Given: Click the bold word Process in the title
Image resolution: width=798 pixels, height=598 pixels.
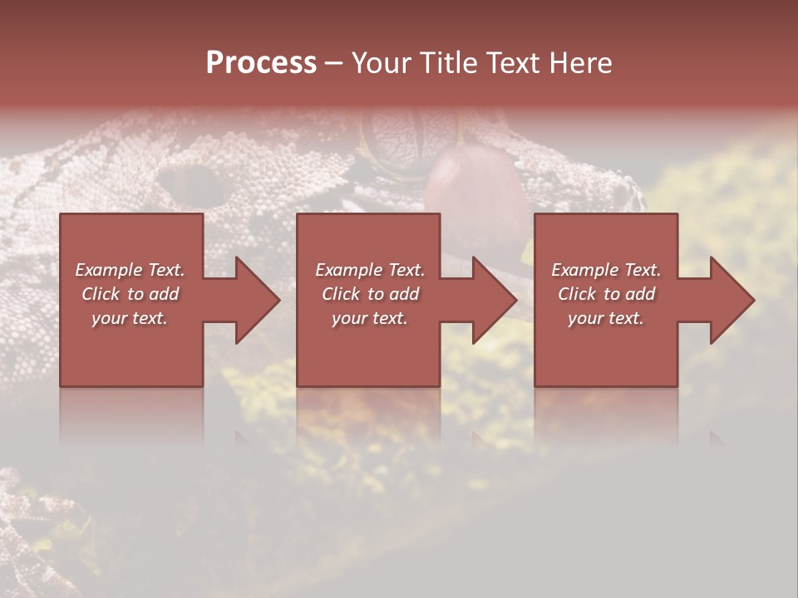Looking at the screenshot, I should [x=261, y=62].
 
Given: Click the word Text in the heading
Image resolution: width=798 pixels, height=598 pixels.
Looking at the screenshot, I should [x=513, y=62].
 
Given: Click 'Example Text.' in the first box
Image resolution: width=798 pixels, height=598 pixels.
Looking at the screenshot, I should [x=131, y=270].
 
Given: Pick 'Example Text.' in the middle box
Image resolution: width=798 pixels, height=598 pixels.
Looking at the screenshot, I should [x=370, y=270].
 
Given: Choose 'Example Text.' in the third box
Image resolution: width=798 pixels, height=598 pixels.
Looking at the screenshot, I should [x=606, y=270].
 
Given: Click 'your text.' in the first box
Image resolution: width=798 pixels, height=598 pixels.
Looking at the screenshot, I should [x=130, y=318].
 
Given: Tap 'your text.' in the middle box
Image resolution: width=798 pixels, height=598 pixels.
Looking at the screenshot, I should [x=370, y=318].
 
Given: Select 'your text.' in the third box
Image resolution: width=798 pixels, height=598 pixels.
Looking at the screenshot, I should [x=606, y=318].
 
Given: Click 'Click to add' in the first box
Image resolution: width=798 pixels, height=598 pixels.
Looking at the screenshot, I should [x=131, y=294].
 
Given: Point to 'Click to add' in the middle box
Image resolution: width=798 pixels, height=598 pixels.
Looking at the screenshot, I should [x=370, y=294].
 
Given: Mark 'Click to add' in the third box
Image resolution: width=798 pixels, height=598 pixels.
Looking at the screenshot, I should [x=606, y=294].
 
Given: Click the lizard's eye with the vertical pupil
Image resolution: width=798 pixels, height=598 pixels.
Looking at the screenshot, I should [x=399, y=137].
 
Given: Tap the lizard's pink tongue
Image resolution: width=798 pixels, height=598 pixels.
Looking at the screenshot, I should [x=474, y=193].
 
